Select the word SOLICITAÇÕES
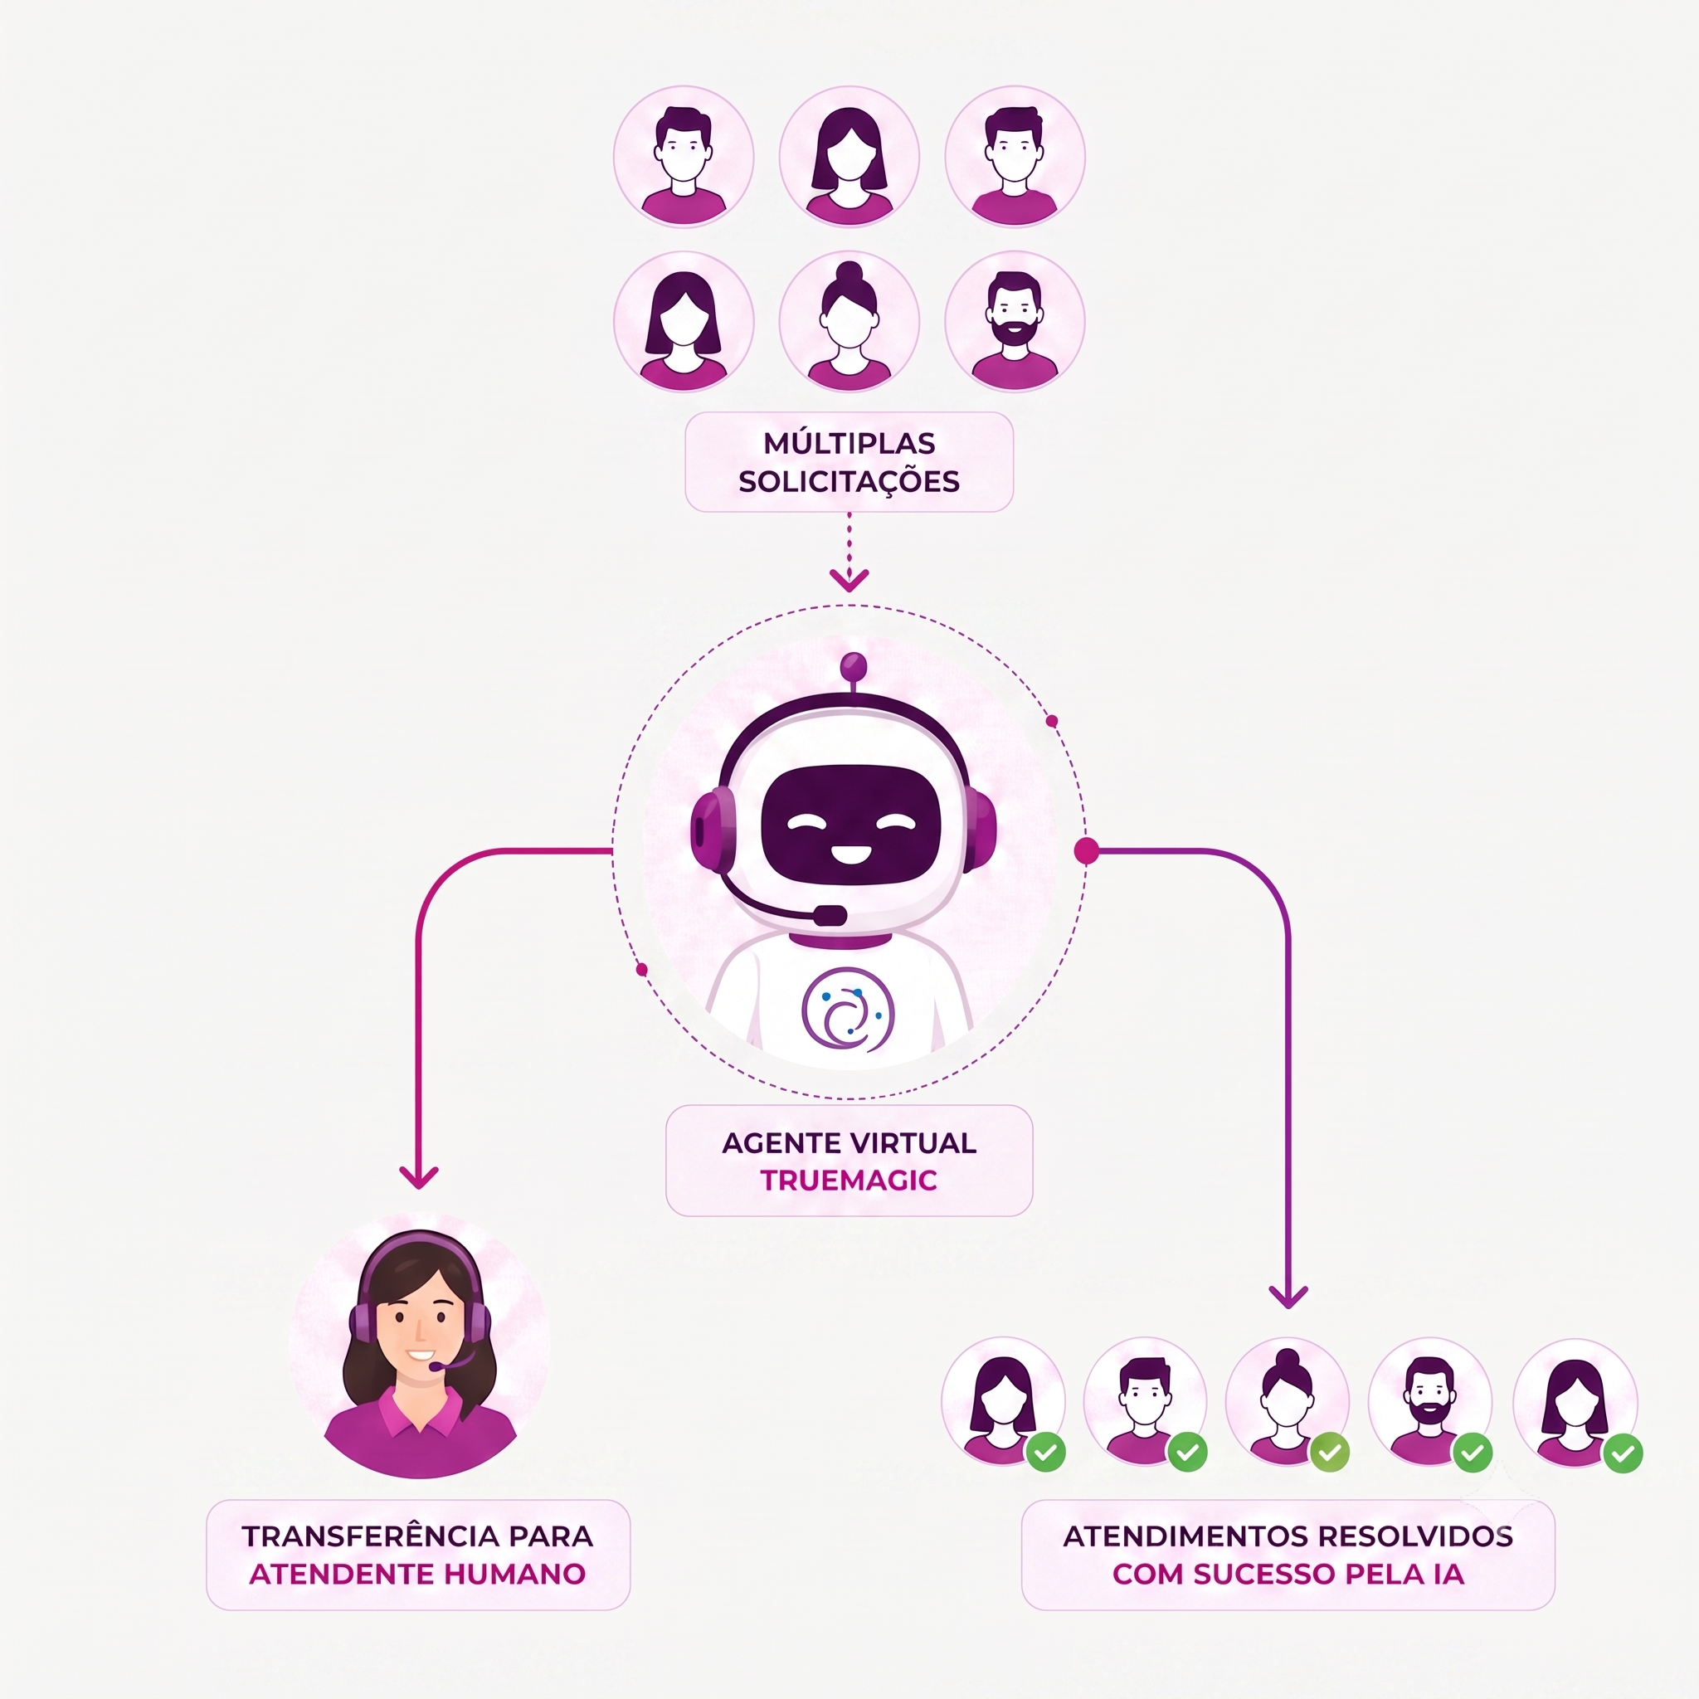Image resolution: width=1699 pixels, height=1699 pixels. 849,482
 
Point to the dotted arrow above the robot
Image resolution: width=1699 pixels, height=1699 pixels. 849,553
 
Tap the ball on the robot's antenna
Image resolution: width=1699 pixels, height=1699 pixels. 853,665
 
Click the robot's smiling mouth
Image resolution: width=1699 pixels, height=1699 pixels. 850,853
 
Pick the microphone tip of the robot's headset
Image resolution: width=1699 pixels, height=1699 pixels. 830,916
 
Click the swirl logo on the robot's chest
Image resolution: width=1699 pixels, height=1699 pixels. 847,1010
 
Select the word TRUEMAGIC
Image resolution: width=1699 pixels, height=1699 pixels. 849,1180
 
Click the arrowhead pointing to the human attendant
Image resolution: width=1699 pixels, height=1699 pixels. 419,1177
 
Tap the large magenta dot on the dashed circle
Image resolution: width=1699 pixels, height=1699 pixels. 1087,850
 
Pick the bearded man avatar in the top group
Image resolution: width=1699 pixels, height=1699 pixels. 1015,322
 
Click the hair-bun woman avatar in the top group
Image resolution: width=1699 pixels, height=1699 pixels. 849,322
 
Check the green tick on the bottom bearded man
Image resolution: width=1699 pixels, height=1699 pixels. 1473,1452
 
